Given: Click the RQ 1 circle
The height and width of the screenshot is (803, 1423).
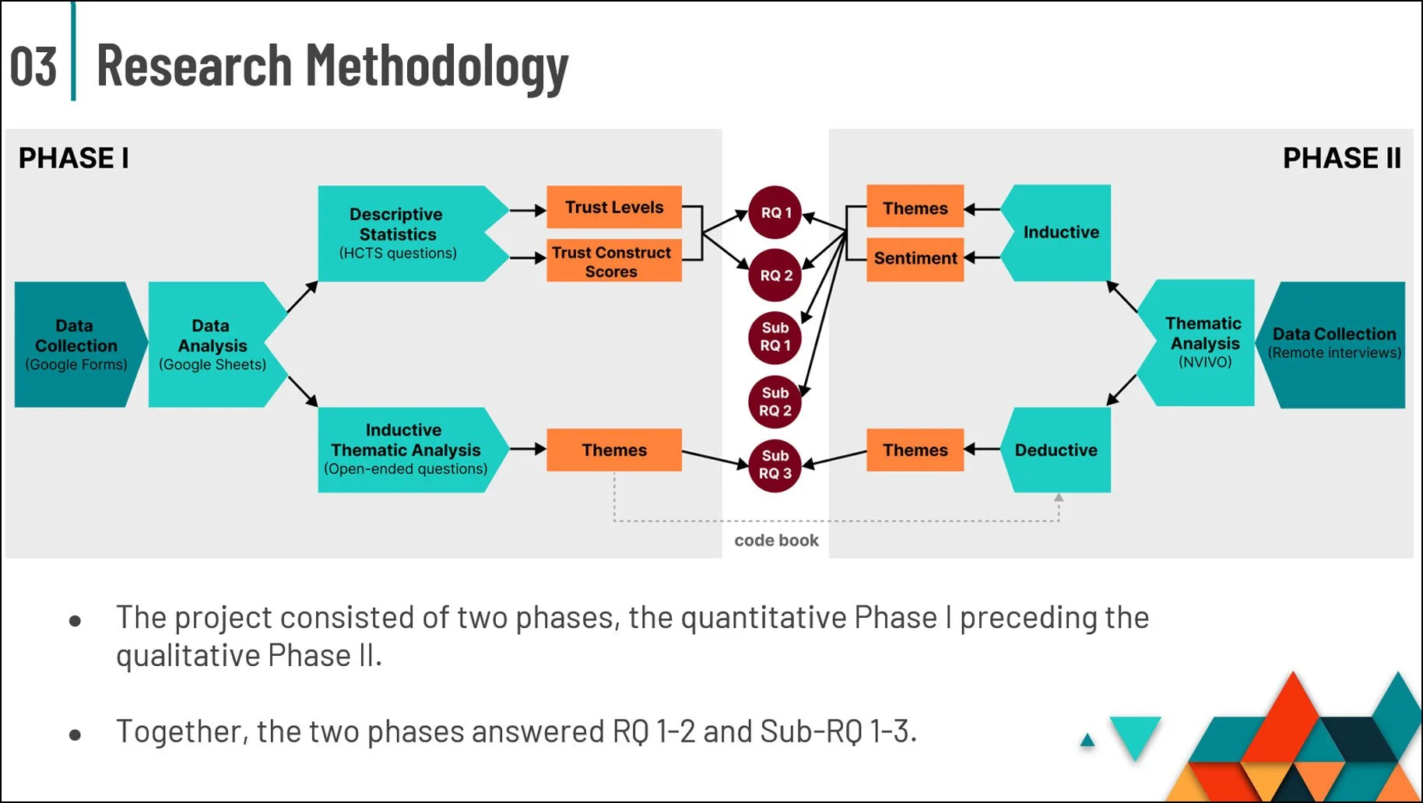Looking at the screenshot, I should pos(775,212).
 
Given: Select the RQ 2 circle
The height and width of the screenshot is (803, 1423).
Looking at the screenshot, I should pos(775,275).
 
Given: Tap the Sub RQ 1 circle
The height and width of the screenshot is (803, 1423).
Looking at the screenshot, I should pos(775,337).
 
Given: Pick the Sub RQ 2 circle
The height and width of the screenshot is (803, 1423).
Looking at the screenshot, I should pos(775,401).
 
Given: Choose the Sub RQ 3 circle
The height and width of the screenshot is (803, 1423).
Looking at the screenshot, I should pos(775,465).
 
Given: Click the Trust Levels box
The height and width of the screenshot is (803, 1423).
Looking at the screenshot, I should pos(614,207).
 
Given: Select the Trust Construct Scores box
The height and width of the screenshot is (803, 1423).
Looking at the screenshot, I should pos(614,261).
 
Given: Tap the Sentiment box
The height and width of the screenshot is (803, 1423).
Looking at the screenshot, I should pos(915,258).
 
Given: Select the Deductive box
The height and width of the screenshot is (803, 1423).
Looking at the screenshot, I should pos(1056,450).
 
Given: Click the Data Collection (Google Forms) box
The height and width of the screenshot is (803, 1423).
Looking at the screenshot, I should pos(75,345).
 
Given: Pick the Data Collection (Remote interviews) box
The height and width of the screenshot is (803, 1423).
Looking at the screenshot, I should pos(1334,343).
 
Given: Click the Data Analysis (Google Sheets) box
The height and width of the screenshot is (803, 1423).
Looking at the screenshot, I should pos(212,345).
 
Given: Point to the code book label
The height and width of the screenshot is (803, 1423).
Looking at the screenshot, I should pos(776,540).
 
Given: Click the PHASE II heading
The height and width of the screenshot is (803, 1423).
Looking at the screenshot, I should pos(1341,158).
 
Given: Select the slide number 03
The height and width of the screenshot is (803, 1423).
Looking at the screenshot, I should pos(33,66).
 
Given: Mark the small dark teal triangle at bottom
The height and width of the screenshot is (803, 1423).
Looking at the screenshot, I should pos(1087,740).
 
